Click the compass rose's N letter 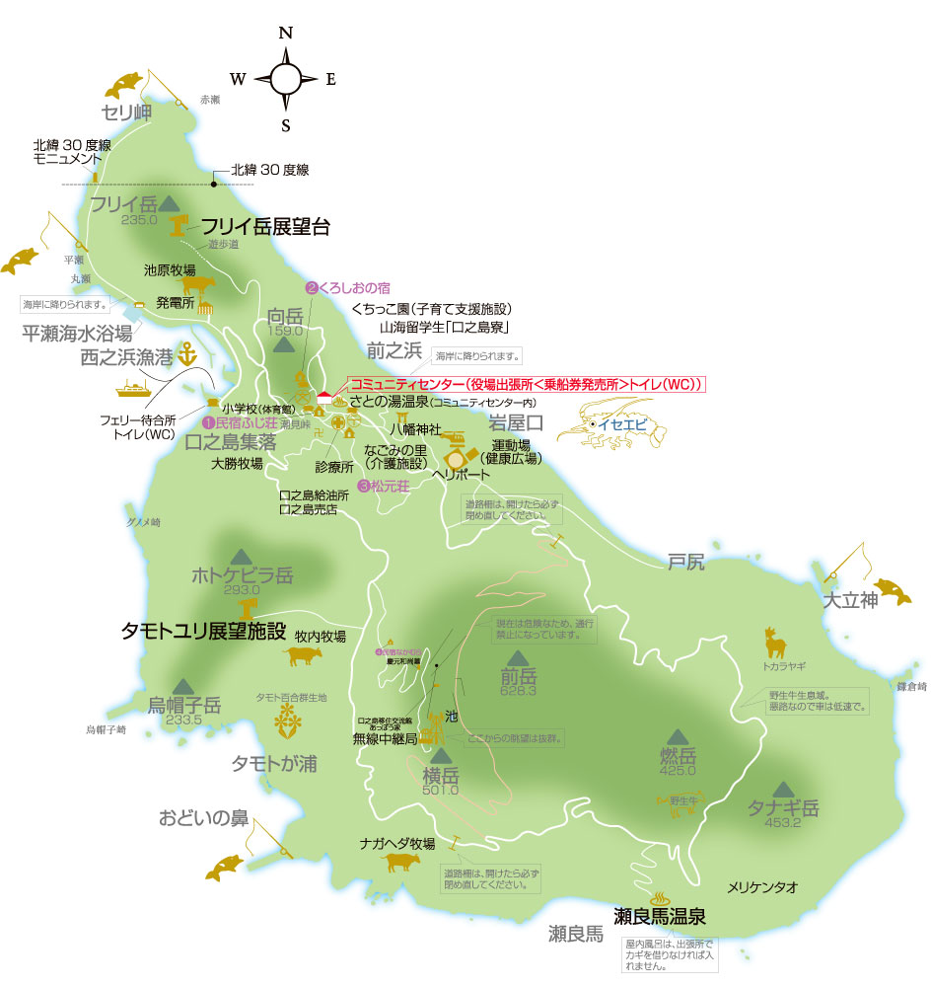286,32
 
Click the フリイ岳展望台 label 265,227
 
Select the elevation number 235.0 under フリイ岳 141,221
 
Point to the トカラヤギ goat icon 776,645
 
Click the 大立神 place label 850,599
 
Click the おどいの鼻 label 203,818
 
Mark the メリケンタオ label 762,888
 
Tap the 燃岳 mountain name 678,756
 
